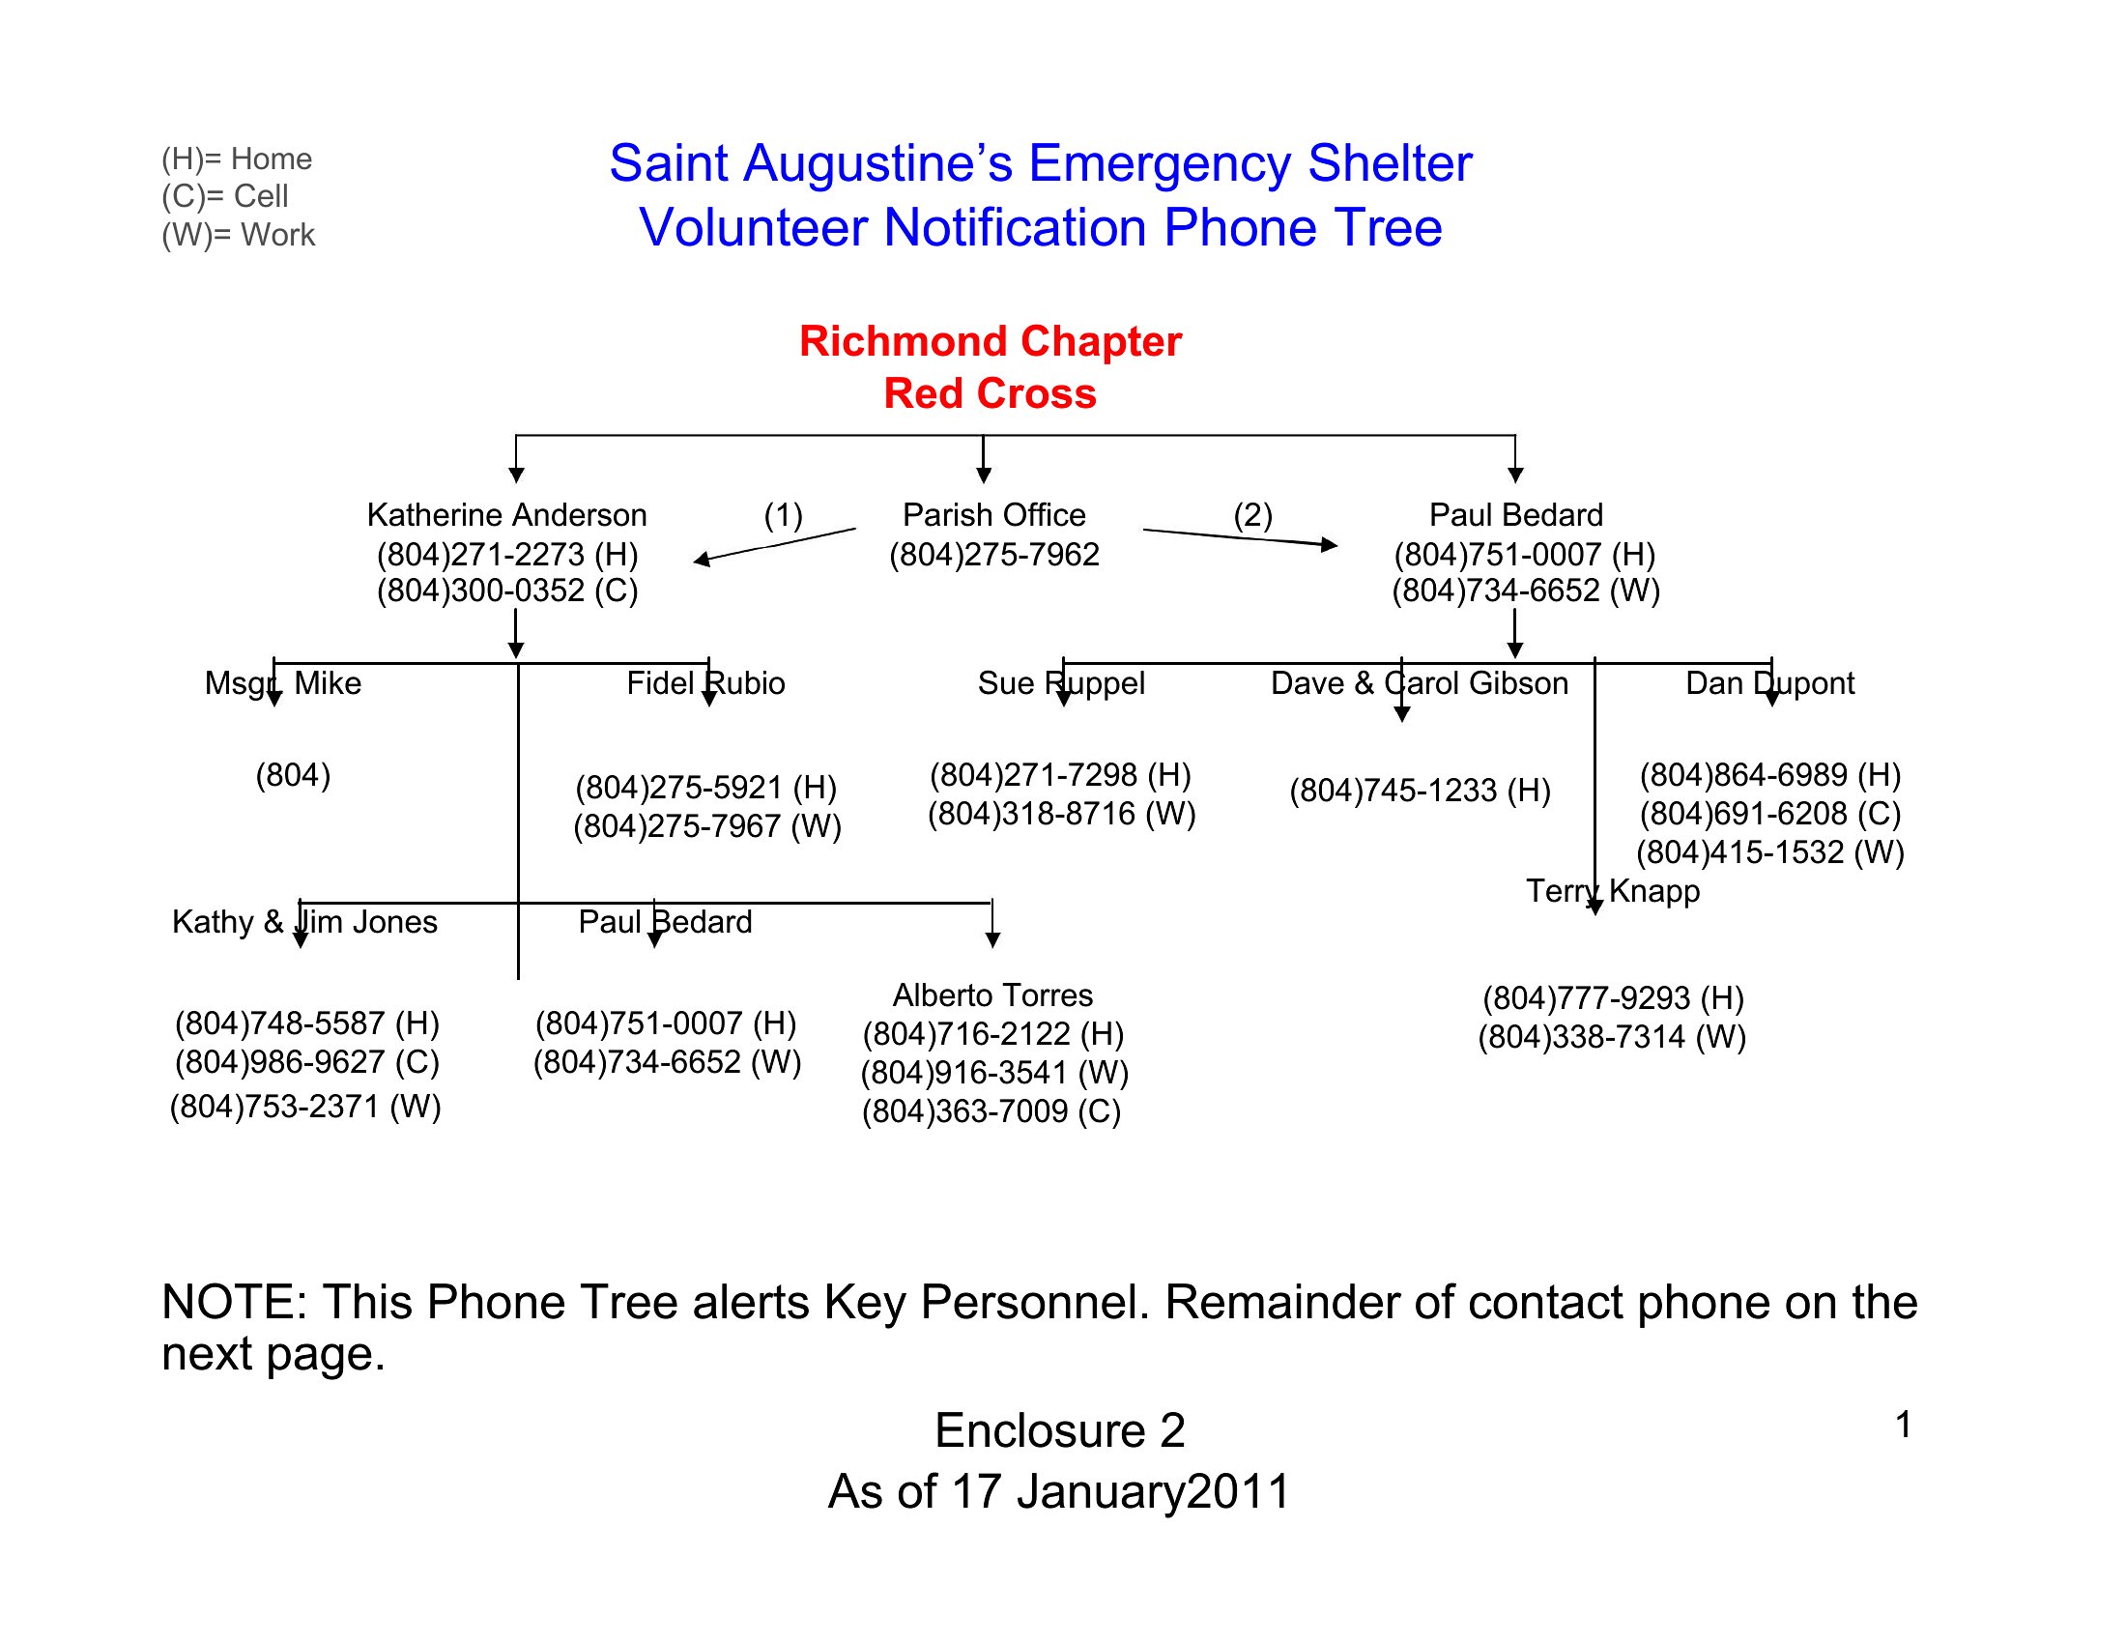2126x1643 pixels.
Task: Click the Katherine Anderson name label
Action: coord(506,515)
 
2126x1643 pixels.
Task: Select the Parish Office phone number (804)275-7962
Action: coord(993,554)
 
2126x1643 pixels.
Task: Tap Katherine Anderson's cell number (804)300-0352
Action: coord(507,591)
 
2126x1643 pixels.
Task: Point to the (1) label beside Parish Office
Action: coord(783,515)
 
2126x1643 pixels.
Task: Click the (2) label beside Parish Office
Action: coord(1252,515)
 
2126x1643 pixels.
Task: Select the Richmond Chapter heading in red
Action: coord(990,341)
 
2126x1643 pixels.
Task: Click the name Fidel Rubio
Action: coord(705,683)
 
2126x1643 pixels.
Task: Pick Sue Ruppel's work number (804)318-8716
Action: coord(1061,814)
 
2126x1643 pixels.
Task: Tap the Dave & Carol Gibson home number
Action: coord(1420,791)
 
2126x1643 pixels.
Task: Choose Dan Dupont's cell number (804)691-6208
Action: coord(1769,814)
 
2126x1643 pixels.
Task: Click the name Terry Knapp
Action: coord(1612,892)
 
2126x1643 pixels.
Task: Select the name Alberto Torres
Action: coord(992,995)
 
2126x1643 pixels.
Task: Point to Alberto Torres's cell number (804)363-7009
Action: coord(991,1111)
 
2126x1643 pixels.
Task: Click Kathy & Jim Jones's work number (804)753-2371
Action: coord(305,1107)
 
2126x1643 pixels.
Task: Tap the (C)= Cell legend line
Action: coord(225,196)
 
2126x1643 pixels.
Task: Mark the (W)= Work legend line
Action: coord(239,236)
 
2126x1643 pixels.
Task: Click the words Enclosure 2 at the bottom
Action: coord(1060,1430)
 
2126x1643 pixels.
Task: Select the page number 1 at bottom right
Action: coord(1903,1425)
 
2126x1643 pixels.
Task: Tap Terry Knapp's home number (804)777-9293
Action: coord(1613,998)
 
